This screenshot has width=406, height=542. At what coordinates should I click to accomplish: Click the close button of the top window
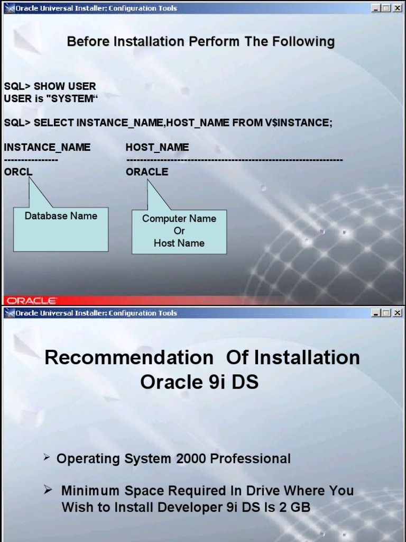point(397,8)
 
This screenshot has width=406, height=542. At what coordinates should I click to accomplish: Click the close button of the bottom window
point(397,313)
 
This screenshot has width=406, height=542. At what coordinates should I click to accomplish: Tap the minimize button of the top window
point(376,8)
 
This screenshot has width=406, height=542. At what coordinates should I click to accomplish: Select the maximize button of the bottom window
point(386,313)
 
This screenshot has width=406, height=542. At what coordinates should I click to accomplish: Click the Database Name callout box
point(61,229)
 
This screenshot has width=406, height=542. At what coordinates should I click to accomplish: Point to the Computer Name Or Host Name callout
point(179,232)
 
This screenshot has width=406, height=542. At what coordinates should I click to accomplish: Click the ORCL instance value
point(18,171)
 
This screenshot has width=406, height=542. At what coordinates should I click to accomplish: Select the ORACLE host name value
point(147,171)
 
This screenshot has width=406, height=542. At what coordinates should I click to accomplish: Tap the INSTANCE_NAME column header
point(47,147)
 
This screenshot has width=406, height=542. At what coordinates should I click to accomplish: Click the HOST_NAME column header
point(157,147)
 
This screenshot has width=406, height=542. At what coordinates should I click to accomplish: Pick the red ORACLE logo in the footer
point(31,301)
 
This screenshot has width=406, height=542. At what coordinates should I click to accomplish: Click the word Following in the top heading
point(303,41)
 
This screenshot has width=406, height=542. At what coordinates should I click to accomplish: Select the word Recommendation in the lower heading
point(129,357)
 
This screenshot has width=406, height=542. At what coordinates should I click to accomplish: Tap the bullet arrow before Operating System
point(47,458)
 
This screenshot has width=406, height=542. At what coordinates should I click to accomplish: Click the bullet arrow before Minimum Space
point(48,490)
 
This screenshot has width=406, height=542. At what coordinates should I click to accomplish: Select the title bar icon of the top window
point(8,8)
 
